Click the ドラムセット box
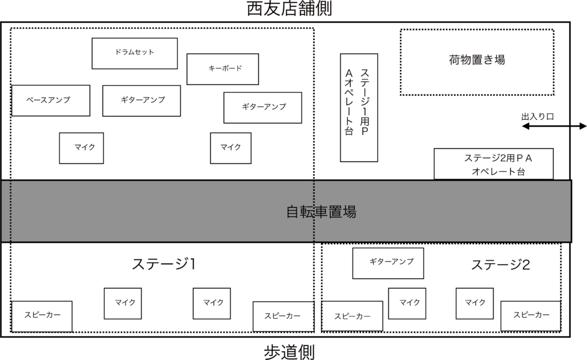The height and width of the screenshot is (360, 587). (135, 53)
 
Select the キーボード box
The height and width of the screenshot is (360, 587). (222, 69)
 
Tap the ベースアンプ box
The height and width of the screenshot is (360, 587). (50, 100)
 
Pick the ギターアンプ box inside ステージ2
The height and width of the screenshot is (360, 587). (388, 263)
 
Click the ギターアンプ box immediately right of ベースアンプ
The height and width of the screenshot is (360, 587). (142, 100)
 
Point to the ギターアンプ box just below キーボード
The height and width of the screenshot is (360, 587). (263, 107)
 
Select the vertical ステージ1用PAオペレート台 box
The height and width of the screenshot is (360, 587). (359, 107)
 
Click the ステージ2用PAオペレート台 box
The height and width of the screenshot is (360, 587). (494, 164)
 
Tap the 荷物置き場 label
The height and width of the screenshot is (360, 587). (477, 60)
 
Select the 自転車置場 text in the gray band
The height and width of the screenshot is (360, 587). (321, 212)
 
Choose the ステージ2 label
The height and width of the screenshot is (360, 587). (500, 265)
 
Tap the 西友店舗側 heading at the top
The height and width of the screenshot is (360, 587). (289, 9)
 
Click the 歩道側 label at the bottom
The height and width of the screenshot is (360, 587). (289, 351)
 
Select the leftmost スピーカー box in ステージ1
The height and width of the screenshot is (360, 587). (42, 316)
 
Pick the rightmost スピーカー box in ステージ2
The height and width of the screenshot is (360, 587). (531, 315)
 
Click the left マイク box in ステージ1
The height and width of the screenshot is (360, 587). (123, 303)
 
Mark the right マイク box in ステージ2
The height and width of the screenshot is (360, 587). (475, 303)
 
